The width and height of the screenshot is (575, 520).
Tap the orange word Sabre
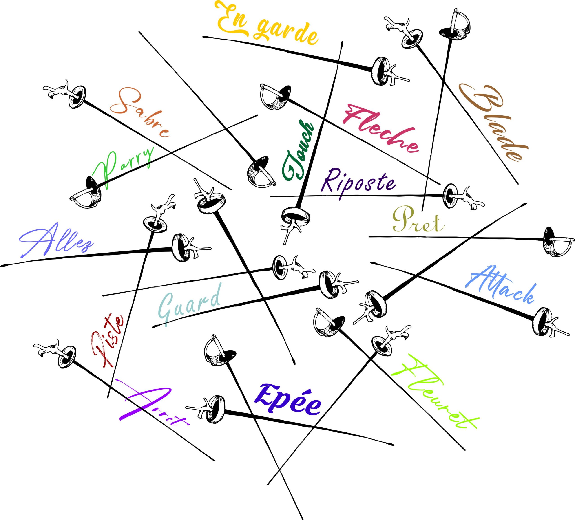tap(140, 113)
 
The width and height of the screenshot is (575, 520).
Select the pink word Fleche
tap(381, 128)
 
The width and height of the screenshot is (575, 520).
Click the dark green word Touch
tap(298, 152)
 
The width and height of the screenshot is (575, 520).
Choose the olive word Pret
tap(418, 221)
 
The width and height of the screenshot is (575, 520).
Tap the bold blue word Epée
tap(288, 399)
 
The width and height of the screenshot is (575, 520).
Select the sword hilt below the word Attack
tap(546, 322)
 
